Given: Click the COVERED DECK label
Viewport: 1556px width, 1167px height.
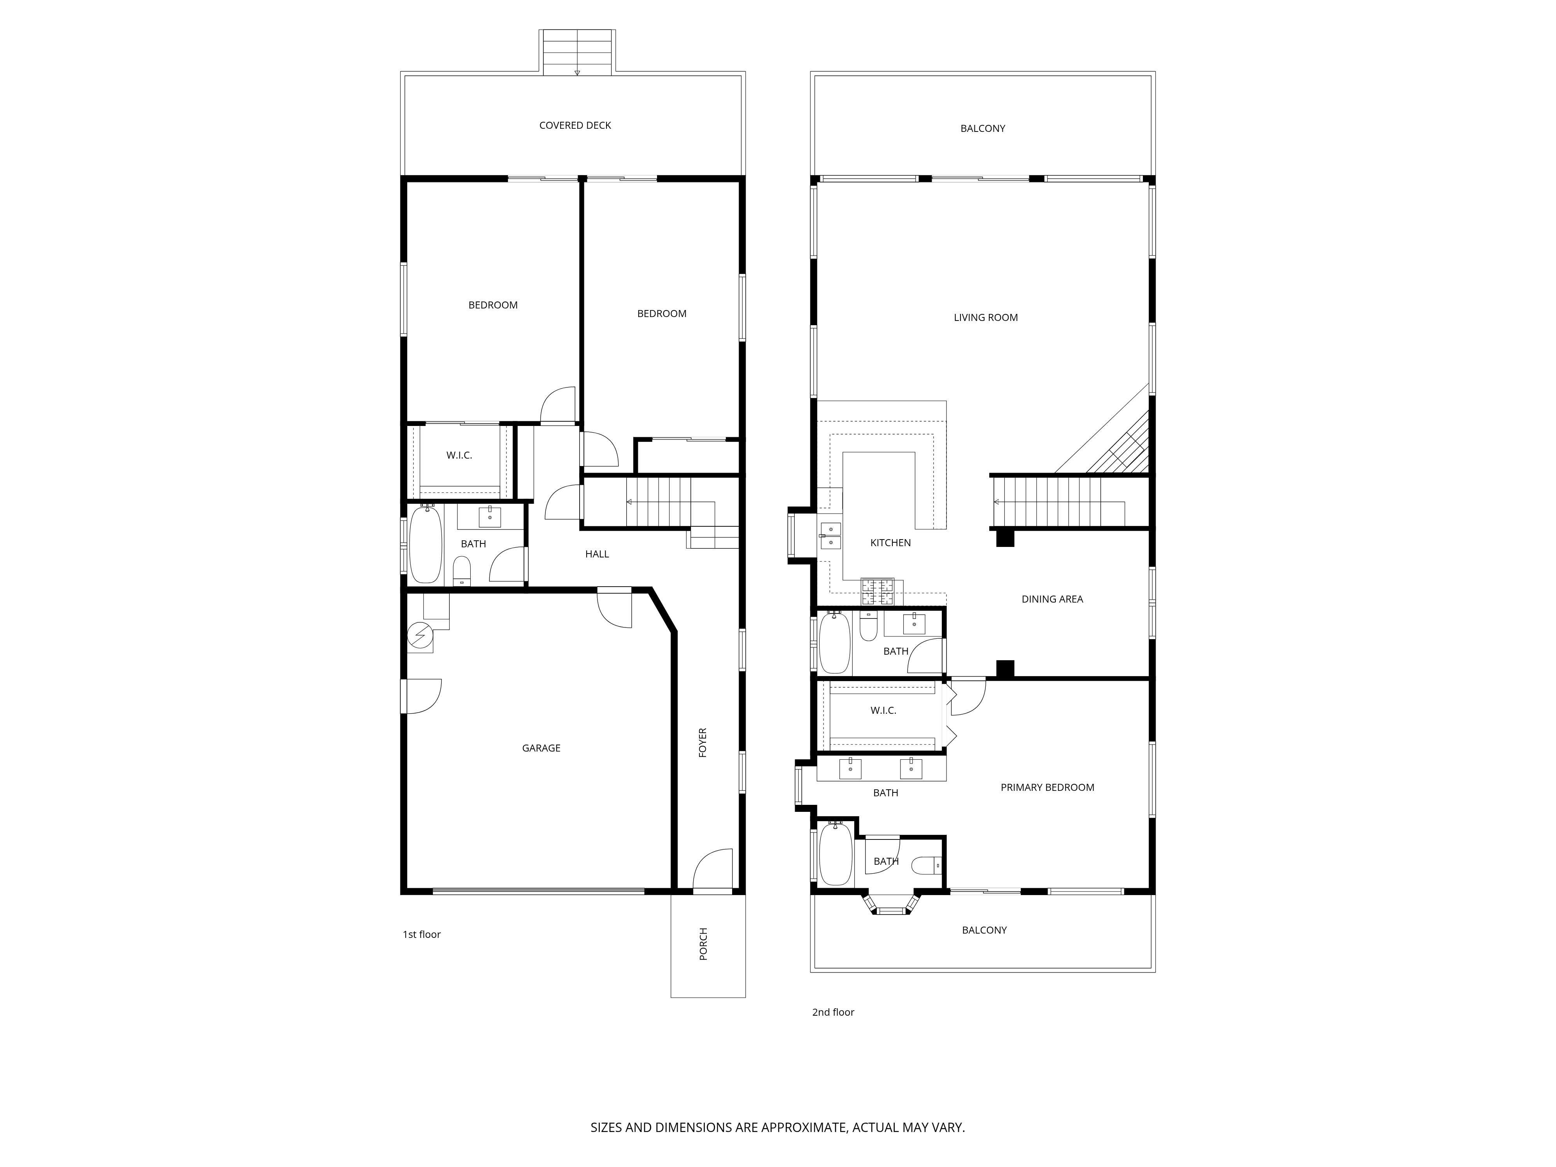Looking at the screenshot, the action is [x=575, y=125].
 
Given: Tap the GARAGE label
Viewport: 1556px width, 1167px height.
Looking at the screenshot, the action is [x=541, y=748].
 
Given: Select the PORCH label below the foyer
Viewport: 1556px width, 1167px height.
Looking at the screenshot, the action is [x=703, y=944].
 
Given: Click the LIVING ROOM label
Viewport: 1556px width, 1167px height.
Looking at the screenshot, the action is [x=985, y=317].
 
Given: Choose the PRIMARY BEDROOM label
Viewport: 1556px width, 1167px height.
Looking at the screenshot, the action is [x=1047, y=787].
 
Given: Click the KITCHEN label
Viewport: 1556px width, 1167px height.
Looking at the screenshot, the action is [x=890, y=542].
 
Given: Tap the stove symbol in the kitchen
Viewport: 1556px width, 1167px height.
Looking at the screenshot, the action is [x=877, y=592].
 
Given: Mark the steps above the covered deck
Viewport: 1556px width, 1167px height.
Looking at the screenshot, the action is [x=577, y=53].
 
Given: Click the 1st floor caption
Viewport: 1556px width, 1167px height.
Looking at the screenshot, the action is [x=421, y=934].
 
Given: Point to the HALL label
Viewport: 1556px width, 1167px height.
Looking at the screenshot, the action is [x=596, y=554].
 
